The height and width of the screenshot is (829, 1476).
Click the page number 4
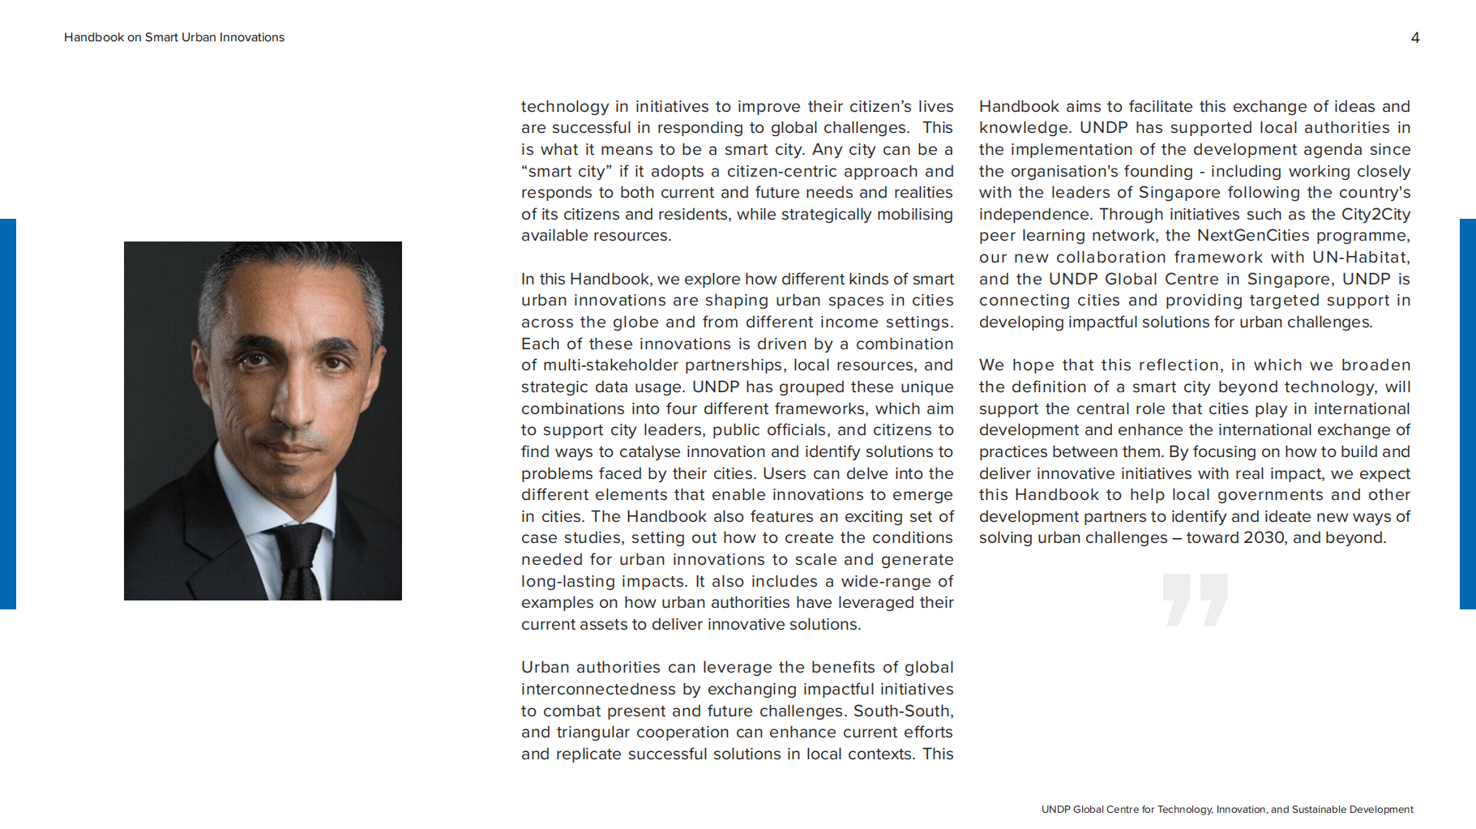(1414, 38)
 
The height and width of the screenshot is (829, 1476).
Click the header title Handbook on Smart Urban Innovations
(174, 37)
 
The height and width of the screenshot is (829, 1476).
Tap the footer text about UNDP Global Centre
(1227, 810)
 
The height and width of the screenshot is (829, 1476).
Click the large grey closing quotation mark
(1195, 600)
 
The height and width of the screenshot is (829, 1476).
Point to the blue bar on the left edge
(7, 413)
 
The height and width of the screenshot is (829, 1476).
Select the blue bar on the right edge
(1468, 413)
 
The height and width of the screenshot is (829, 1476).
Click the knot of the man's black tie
(298, 542)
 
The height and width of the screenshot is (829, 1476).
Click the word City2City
(1375, 215)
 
